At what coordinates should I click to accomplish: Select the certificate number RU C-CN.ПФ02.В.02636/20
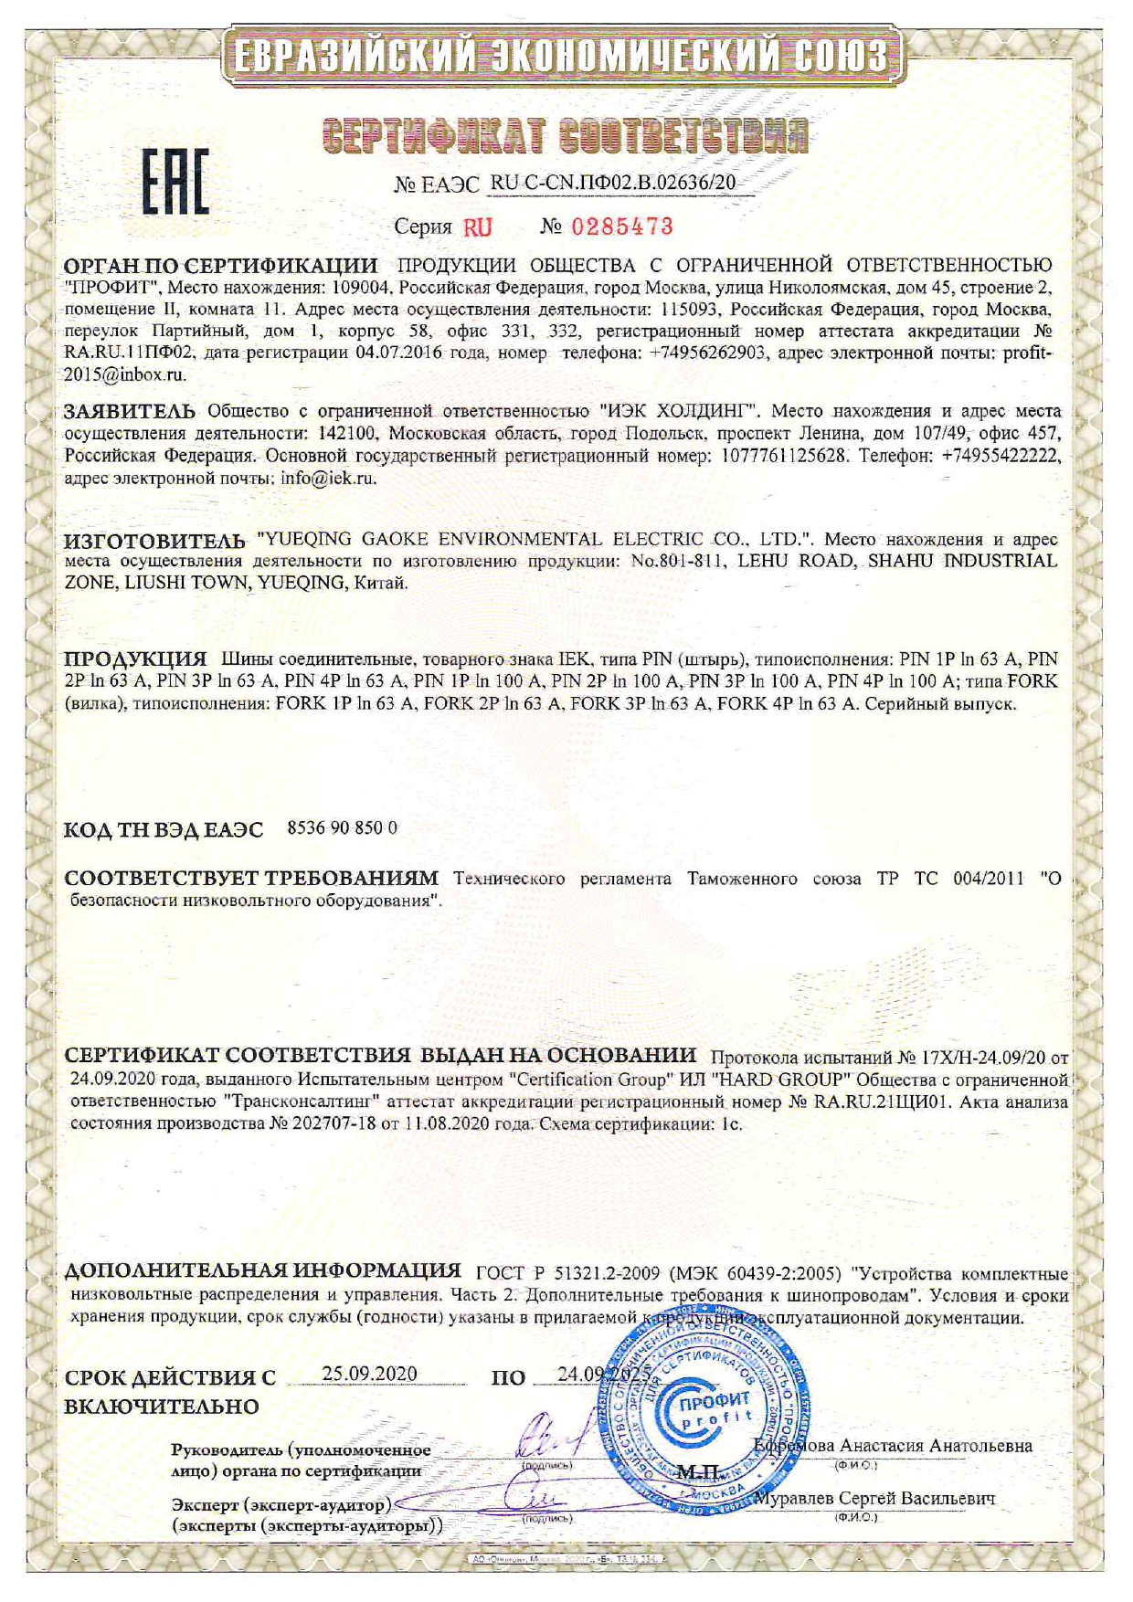tap(612, 183)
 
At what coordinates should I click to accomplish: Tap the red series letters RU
tap(477, 227)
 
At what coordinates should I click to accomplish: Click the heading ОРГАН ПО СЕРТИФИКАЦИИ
tap(220, 266)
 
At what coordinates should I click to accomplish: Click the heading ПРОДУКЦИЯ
tap(135, 659)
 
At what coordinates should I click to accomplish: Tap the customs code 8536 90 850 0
tap(342, 827)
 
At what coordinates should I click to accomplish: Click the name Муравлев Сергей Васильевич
tap(882, 1499)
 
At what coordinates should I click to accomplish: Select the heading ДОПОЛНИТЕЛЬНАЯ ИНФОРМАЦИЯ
tap(262, 1270)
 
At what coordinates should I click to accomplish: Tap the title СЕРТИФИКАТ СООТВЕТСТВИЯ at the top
tap(566, 133)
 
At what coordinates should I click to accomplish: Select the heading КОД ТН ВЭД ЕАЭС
tap(164, 829)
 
